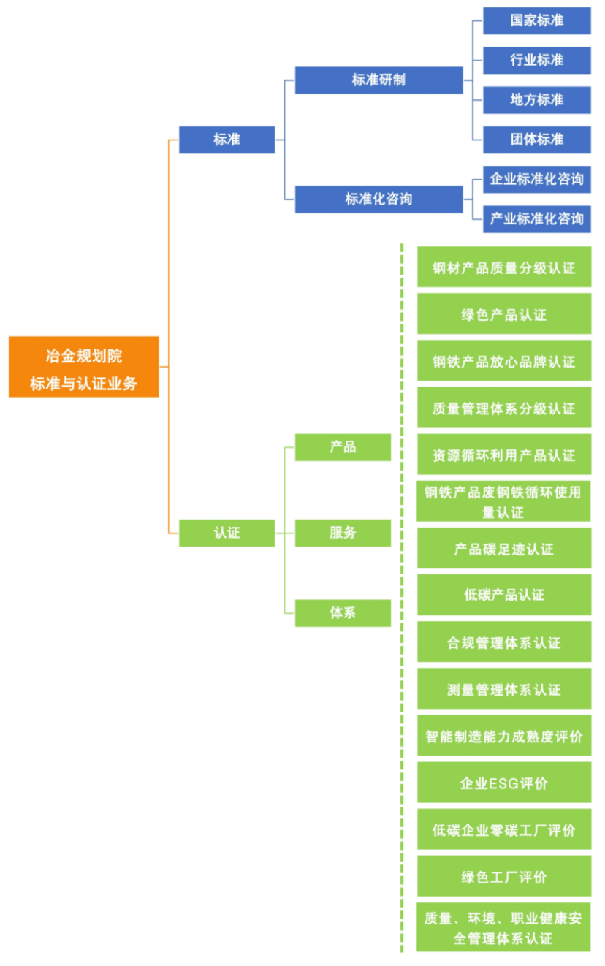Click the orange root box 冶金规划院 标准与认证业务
[84, 367]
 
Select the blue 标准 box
[227, 140]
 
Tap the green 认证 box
[227, 533]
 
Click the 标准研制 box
[378, 80]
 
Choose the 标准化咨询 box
[378, 199]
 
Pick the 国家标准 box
[536, 20]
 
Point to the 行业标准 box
[536, 60]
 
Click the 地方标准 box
[536, 99]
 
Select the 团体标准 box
[536, 139]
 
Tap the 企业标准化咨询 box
[536, 179]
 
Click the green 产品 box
[343, 446]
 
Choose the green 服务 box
[343, 533]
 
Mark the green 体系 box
[343, 612]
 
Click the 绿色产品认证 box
[504, 314]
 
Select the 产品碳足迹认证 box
[504, 549]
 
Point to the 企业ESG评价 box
[504, 783]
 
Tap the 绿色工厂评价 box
[504, 877]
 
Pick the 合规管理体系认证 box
[504, 643]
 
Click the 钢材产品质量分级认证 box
[504, 267]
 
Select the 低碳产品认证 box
[504, 595]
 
